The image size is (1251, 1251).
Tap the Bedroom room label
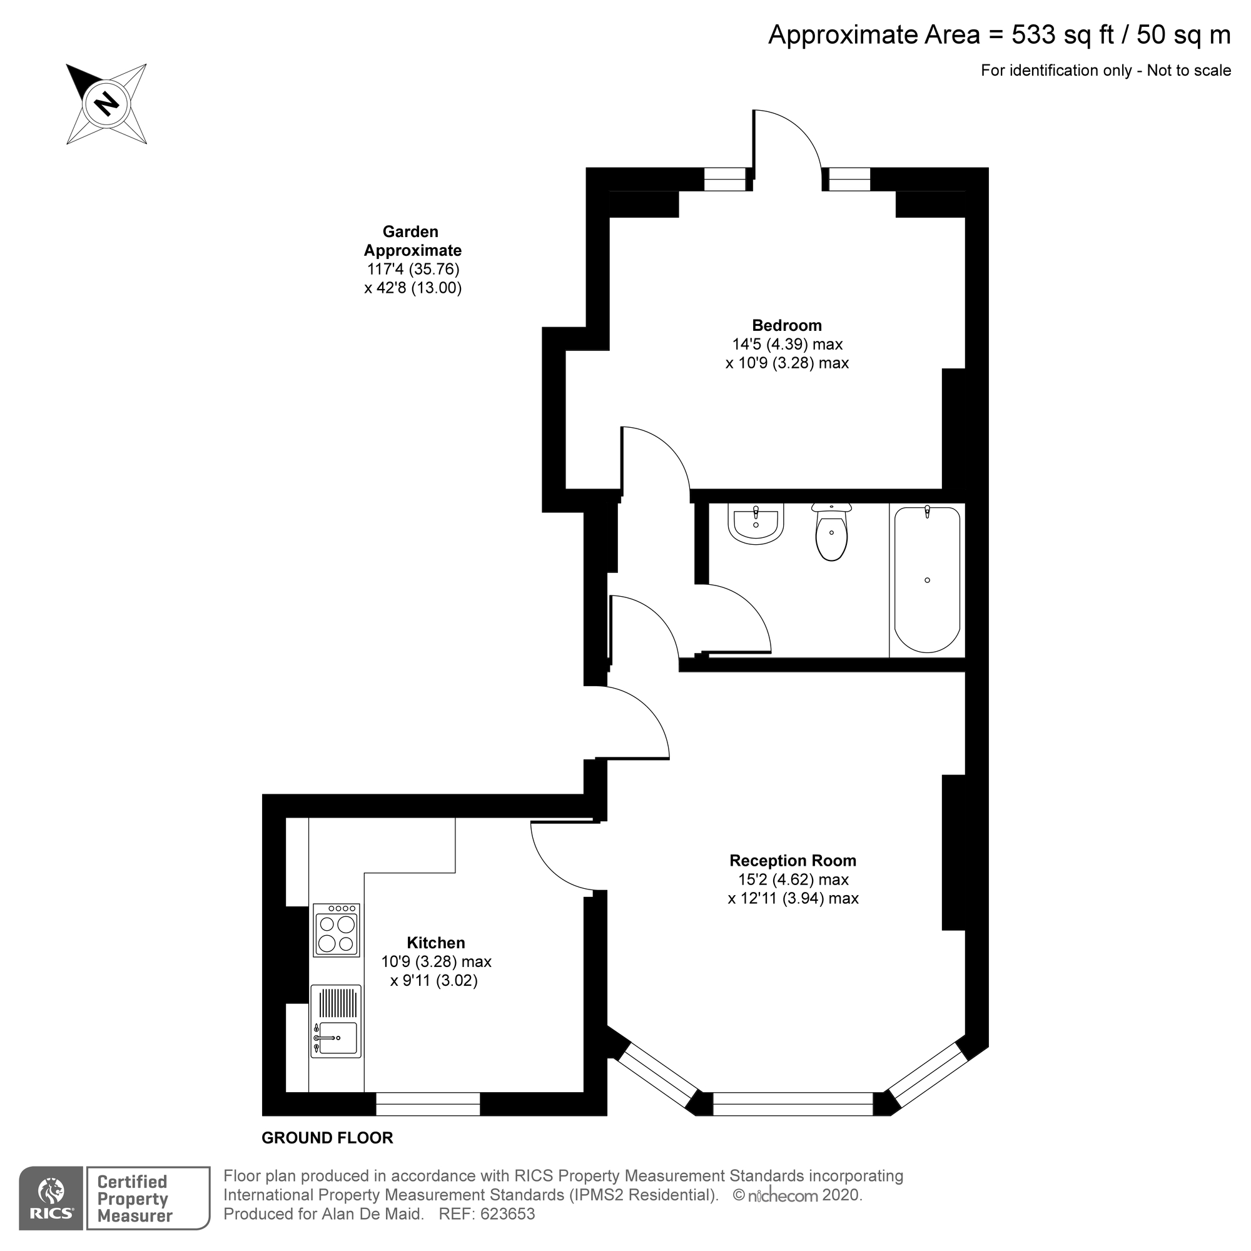(x=786, y=326)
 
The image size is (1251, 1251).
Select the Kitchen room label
(x=435, y=943)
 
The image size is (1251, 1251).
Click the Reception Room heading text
(x=793, y=861)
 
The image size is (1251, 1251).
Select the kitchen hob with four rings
(x=336, y=930)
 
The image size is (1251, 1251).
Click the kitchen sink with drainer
(x=335, y=1021)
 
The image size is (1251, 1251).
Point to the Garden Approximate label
(x=412, y=241)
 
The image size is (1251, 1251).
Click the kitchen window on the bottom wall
(x=428, y=1104)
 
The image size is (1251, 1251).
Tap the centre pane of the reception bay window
(x=793, y=1104)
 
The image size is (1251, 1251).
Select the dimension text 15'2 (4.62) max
(x=793, y=879)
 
